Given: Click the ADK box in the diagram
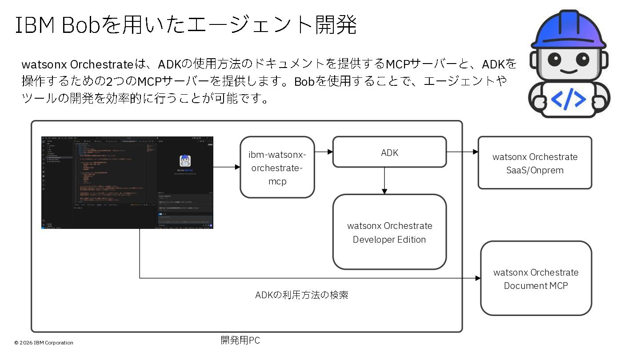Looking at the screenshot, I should coord(389,152).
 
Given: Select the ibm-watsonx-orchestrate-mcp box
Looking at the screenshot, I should coord(277,167).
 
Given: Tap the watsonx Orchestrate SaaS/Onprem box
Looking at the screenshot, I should coord(535,163).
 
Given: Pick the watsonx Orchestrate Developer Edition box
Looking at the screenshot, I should coord(389,232).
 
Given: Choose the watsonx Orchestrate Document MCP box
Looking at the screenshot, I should coord(536,279).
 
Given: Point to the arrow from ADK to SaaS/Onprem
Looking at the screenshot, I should coord(462,152).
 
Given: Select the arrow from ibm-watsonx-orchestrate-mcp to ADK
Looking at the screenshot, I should coord(324,152).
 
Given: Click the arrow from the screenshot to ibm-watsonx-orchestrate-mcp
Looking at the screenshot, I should coord(227,167).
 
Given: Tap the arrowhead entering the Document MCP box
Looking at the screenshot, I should coord(478,278).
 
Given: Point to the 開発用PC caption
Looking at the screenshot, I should coord(240,340).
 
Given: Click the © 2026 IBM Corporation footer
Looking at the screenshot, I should coord(44,343).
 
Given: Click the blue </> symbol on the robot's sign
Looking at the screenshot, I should coord(568,100).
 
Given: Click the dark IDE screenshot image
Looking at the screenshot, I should coord(127,183).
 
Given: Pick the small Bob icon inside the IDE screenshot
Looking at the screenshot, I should coord(185,160).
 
